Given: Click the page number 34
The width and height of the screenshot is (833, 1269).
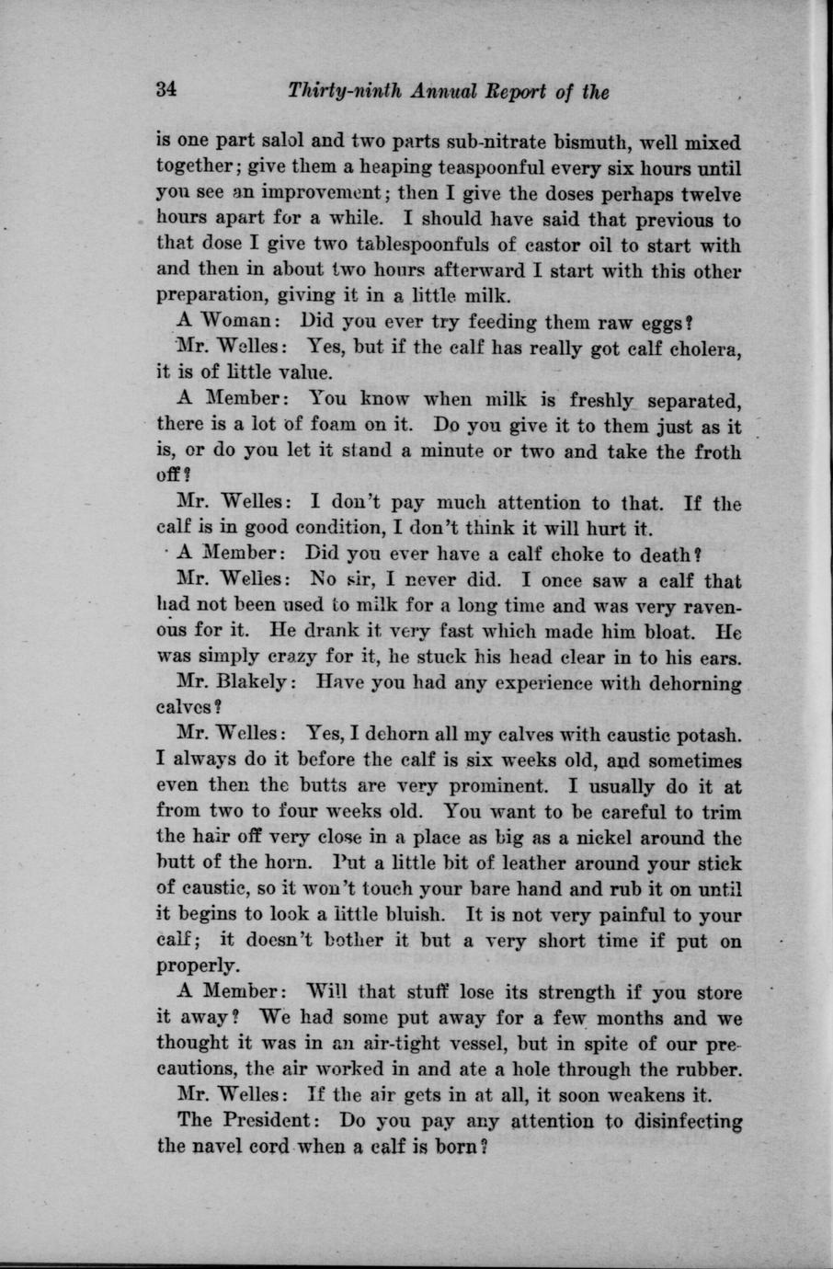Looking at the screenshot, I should (x=165, y=91).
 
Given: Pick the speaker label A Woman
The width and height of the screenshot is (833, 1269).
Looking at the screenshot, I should (x=221, y=324).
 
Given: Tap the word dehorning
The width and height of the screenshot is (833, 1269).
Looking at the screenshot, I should (x=691, y=684).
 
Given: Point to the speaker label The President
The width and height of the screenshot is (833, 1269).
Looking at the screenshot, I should (x=247, y=1122).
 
